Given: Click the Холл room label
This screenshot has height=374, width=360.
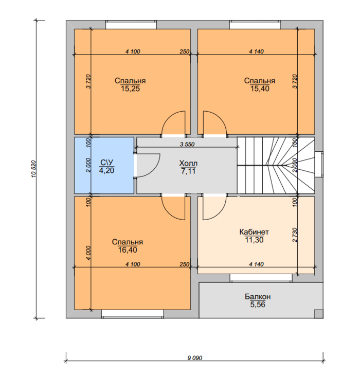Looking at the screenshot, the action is pos(188,164).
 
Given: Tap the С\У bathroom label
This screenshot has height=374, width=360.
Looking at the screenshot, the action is pos(106,163).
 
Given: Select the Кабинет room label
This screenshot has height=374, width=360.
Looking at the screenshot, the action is pos(254,232).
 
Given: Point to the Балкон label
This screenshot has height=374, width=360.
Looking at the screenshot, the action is pos(258,296).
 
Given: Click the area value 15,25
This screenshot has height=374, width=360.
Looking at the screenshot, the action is pos(130,89).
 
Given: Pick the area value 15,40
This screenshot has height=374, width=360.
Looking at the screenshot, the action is pos(260,89).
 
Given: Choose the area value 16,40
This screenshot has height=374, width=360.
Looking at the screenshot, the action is pos(128,250).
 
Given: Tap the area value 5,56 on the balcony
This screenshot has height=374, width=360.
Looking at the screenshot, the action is pos(258,305).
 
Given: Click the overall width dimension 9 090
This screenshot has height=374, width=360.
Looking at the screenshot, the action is pos(195,358).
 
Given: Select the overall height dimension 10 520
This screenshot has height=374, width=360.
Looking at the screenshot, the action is pos(33,169).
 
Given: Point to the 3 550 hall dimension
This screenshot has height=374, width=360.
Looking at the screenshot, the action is pos(187,145).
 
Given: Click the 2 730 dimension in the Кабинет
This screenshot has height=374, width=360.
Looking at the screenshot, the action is pos(295,235).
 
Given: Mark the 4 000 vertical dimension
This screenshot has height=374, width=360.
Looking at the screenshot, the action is pos(88,253).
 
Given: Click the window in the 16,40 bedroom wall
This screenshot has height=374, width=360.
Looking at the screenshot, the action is pos(133,314).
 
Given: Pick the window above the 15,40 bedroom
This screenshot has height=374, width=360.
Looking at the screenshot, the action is pos(255,25).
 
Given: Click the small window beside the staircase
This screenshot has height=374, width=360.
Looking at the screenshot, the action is pos(319,164).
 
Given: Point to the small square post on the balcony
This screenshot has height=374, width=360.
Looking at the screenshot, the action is pos(319,314).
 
